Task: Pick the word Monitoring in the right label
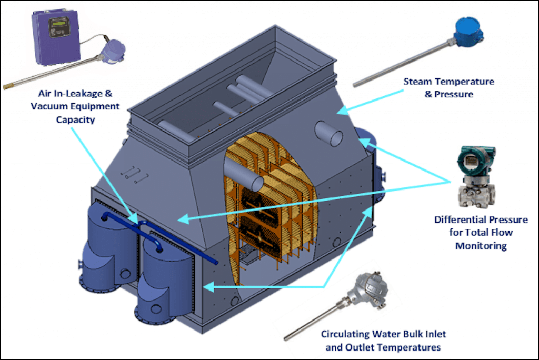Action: pos(481,246)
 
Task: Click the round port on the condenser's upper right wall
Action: pos(329,134)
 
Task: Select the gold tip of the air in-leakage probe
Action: pos(7,85)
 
